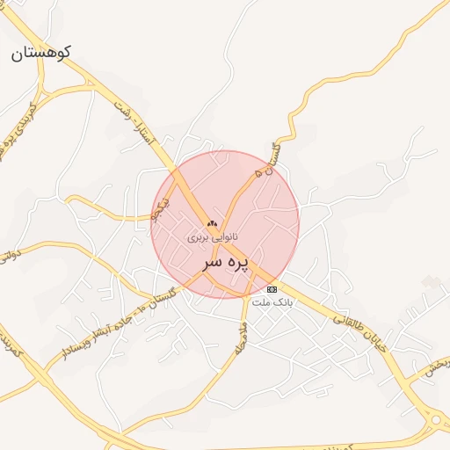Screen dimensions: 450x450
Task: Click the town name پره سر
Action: pyautogui.click(x=225, y=262)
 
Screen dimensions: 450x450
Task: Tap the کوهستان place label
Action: pyautogui.click(x=40, y=53)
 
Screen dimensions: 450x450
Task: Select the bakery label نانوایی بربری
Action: pyautogui.click(x=211, y=237)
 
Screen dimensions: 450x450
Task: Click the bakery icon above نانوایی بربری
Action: pyautogui.click(x=211, y=224)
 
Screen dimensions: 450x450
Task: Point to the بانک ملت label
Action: pyautogui.click(x=272, y=301)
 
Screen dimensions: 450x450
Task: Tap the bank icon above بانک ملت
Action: pyautogui.click(x=272, y=289)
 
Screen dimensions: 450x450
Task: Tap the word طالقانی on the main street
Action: pyautogui.click(x=349, y=326)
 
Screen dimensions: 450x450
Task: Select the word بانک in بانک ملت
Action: pyautogui.click(x=282, y=301)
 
